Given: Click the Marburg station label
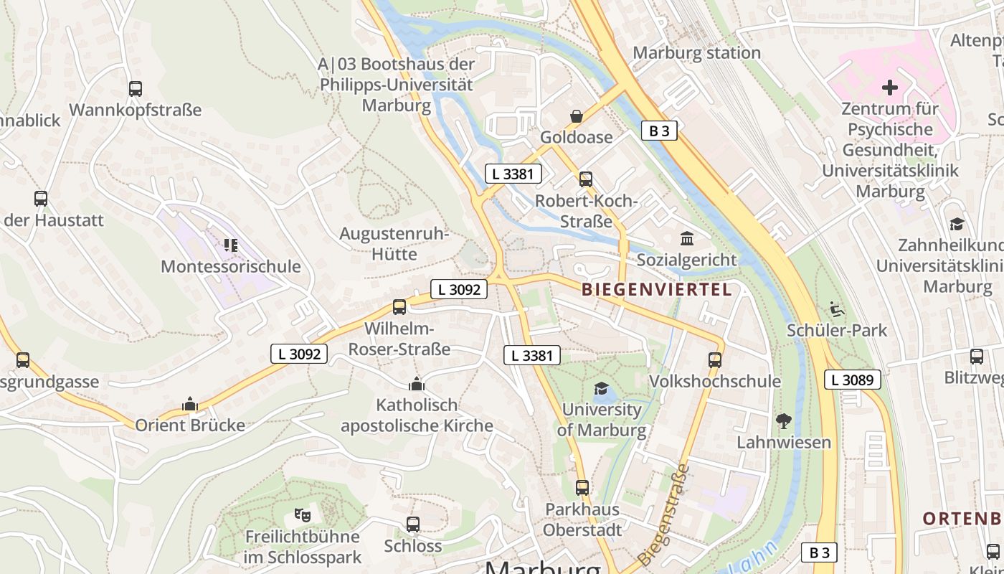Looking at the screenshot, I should [696, 52].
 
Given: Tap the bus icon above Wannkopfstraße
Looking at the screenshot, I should [136, 89].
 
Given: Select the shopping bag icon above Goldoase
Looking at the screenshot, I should [576, 116].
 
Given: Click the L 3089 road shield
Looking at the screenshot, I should [852, 380].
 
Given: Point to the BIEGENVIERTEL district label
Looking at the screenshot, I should [657, 290].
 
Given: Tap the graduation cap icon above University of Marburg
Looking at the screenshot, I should [601, 389].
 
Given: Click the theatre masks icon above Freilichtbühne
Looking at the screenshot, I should [303, 514].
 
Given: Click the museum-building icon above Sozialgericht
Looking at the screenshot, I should [686, 238].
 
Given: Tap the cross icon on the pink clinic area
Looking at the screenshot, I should [890, 88].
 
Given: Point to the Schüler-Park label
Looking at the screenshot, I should [837, 330].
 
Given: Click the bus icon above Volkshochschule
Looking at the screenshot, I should [714, 359].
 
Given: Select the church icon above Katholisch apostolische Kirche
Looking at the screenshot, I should [417, 385].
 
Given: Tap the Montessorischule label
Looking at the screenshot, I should [230, 266].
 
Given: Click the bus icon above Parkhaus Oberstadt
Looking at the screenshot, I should [582, 488].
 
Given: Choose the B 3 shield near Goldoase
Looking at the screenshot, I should [658, 131].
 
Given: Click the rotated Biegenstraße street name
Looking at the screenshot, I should [663, 514].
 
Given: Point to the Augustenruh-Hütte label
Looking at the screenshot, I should [394, 244].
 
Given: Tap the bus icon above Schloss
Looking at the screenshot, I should [413, 524].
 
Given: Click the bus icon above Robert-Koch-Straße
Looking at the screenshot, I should [586, 179].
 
